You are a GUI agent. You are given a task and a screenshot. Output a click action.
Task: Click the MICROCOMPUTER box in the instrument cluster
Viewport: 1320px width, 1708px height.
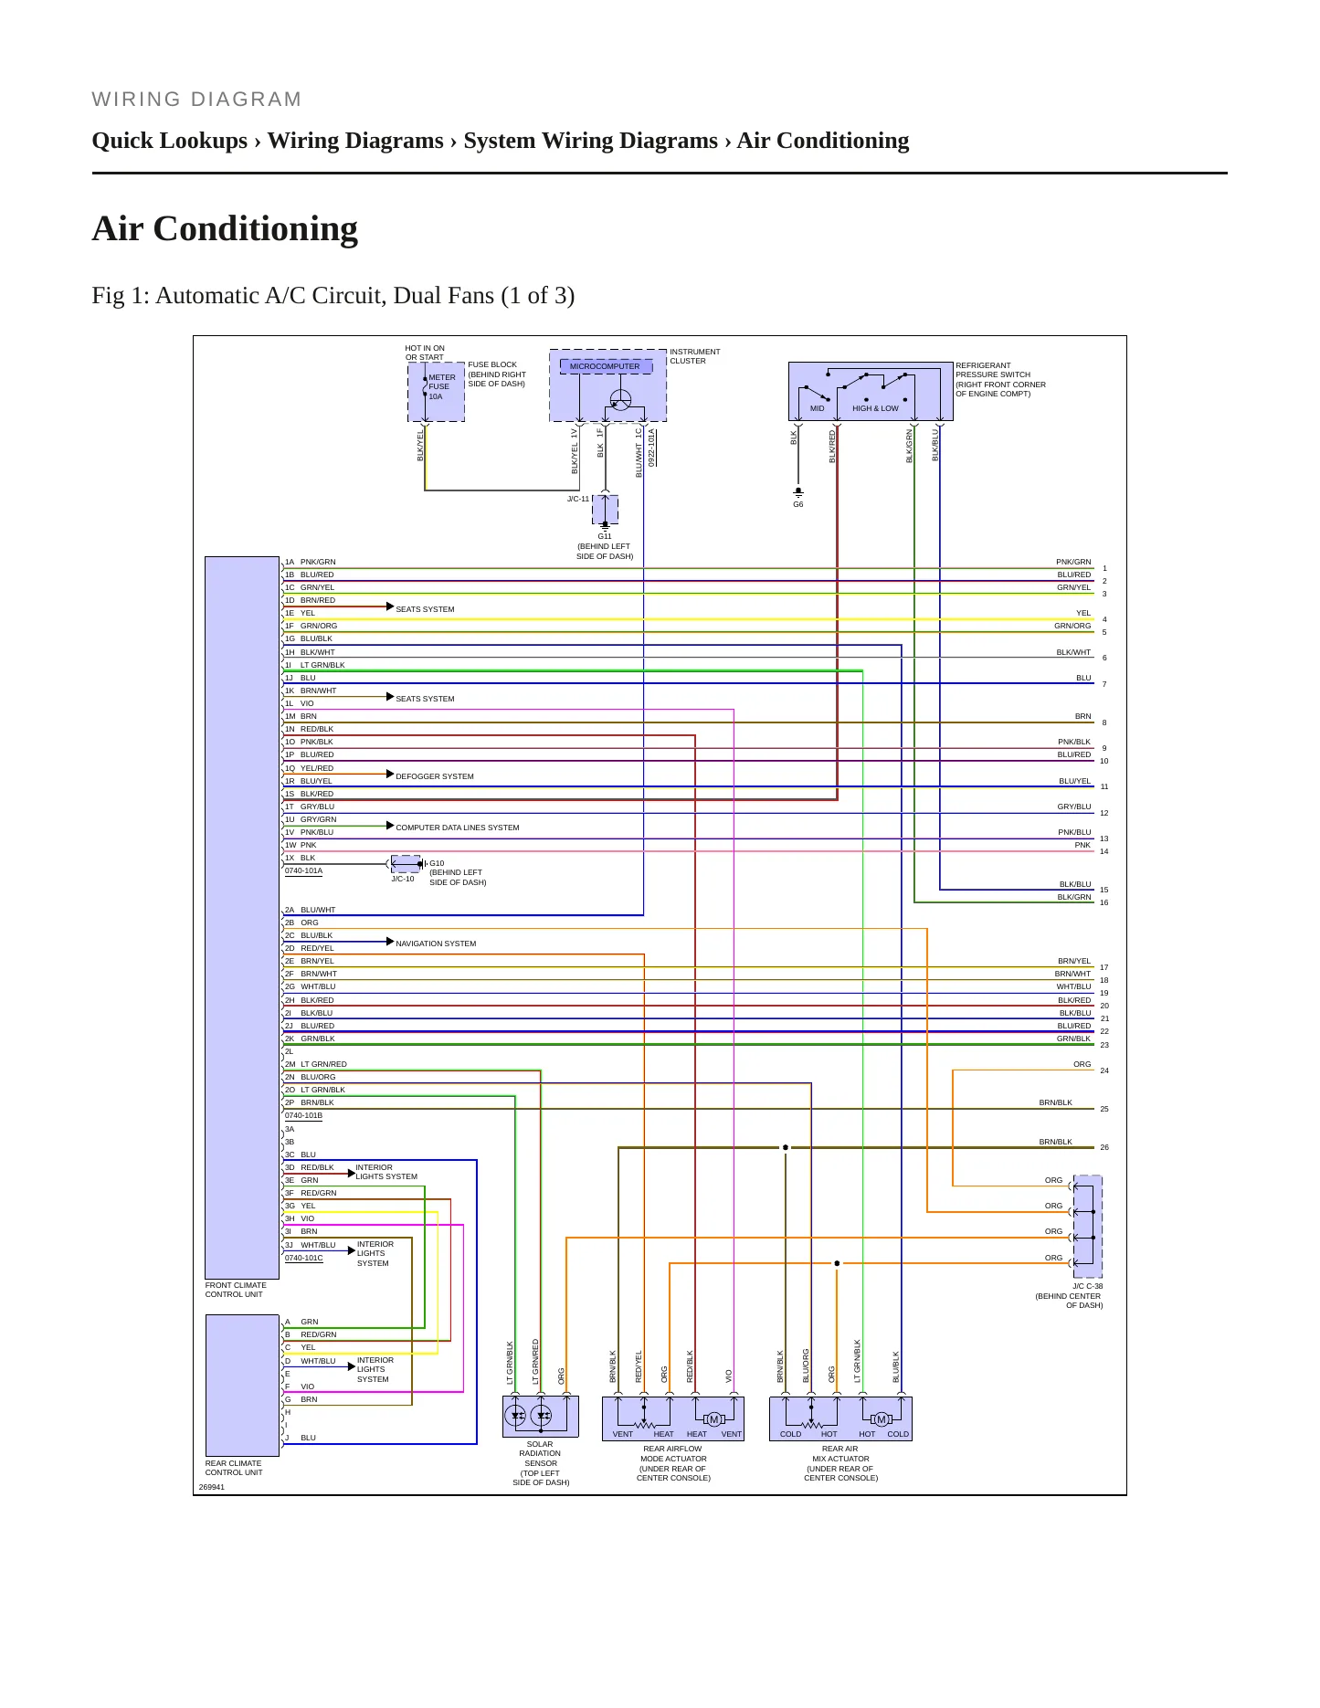tap(607, 366)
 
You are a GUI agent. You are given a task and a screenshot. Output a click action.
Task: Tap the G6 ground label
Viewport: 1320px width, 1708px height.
tap(798, 504)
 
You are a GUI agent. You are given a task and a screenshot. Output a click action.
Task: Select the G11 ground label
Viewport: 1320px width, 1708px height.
tap(605, 537)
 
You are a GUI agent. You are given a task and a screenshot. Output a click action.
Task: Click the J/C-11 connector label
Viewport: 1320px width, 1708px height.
tap(578, 499)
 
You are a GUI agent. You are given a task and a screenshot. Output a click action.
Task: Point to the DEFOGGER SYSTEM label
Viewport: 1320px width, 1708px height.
tap(435, 776)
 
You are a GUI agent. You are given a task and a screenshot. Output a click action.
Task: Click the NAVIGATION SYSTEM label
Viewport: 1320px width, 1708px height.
tap(436, 944)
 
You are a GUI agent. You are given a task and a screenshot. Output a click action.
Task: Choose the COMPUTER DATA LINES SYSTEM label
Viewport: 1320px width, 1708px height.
tap(458, 828)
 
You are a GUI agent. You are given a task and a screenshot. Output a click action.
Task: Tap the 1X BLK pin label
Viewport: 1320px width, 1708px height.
tap(301, 858)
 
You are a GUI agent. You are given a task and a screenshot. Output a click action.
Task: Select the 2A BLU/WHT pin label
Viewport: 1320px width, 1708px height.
tap(311, 910)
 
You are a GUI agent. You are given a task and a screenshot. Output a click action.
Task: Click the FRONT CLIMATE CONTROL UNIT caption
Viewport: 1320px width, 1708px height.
tap(236, 1290)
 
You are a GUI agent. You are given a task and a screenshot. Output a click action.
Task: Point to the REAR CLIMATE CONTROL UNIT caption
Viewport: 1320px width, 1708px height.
tap(234, 1468)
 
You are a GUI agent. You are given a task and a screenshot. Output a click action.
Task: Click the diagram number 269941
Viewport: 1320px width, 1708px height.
tap(212, 1487)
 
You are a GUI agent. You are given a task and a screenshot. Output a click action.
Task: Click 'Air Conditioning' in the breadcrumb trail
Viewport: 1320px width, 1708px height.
tap(823, 141)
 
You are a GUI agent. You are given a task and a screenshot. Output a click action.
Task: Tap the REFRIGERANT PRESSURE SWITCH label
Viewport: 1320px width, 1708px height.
tap(1000, 379)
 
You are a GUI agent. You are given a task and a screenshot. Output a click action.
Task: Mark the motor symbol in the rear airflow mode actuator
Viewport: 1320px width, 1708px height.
tap(714, 1419)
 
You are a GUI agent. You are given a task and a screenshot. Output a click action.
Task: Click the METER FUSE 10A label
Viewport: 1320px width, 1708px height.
tap(441, 386)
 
